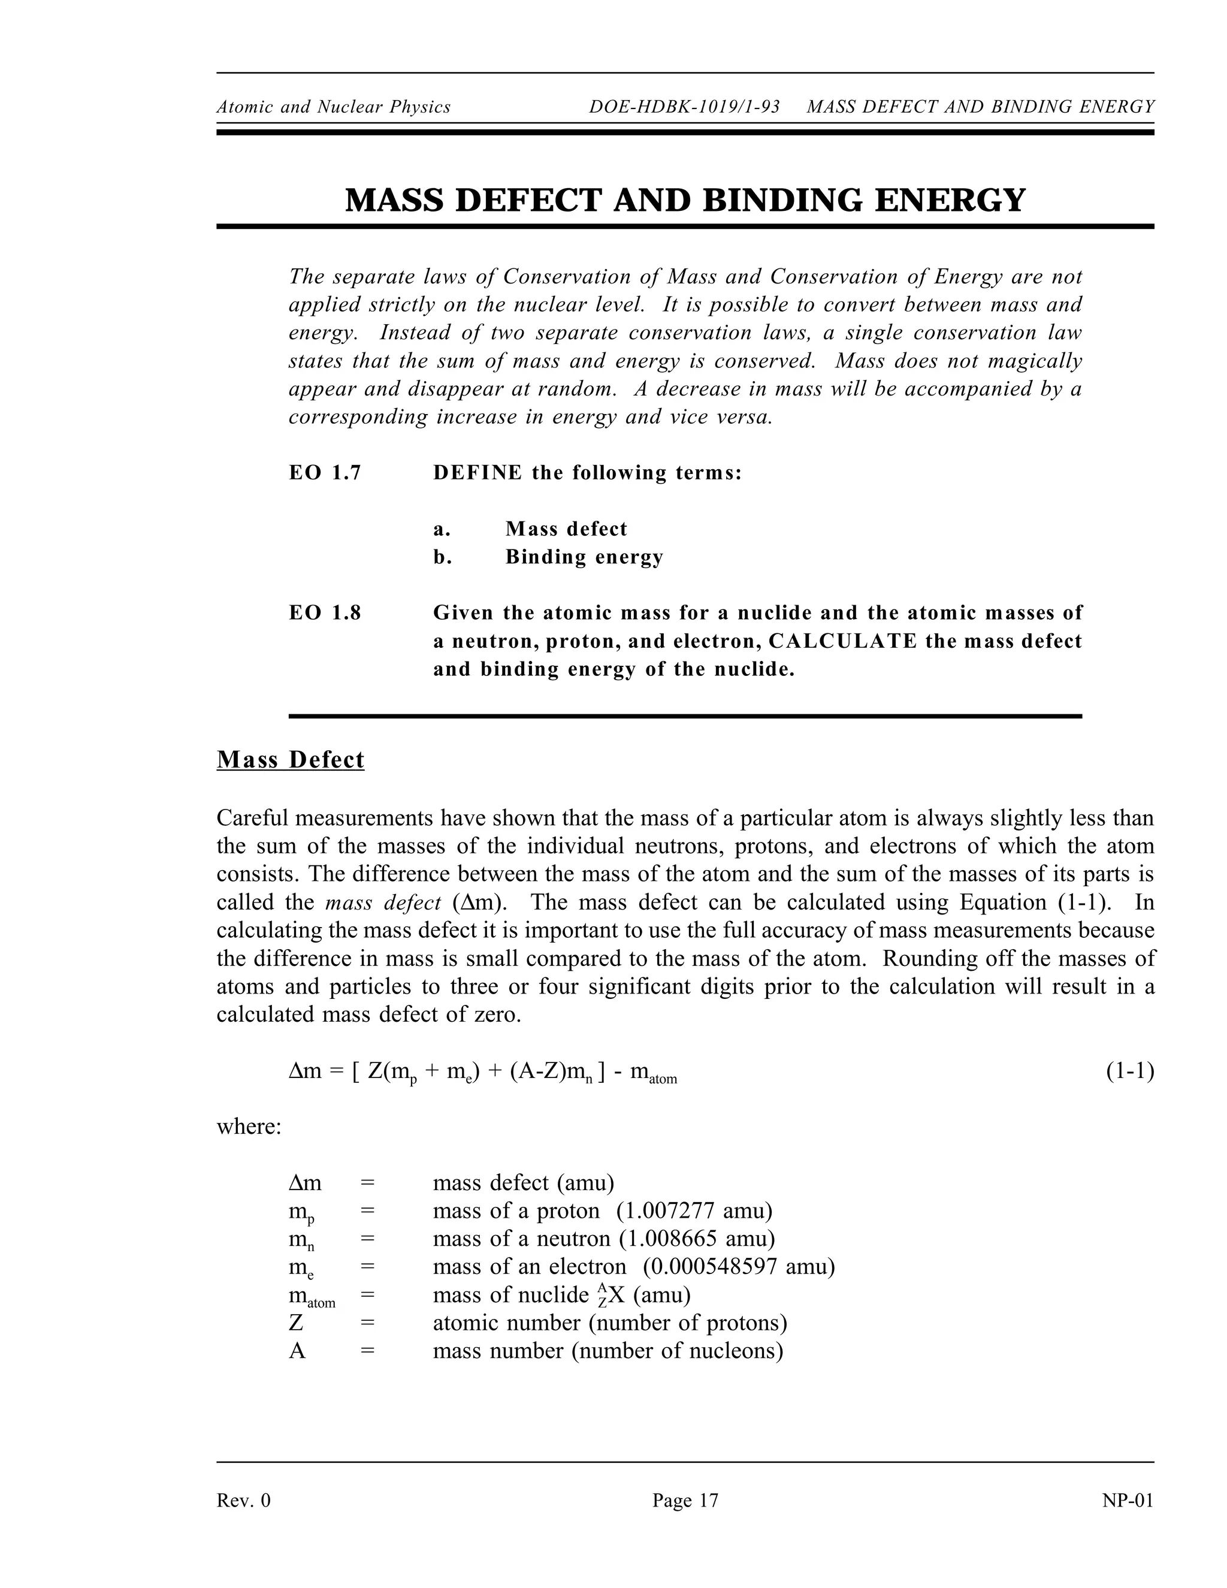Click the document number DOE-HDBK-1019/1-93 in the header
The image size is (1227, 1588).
684,107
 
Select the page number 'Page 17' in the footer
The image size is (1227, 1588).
685,1500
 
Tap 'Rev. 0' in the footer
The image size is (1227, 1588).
243,1500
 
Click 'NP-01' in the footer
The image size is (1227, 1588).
1128,1500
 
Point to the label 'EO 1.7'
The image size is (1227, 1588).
325,473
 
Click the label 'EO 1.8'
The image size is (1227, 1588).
325,613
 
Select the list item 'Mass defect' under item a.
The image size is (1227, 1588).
566,529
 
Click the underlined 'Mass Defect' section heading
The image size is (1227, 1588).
290,760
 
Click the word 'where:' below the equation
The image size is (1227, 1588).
249,1127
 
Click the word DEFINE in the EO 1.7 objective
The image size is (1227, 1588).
477,473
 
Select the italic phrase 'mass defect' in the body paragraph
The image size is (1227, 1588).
383,903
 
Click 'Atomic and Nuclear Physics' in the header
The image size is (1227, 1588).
334,107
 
